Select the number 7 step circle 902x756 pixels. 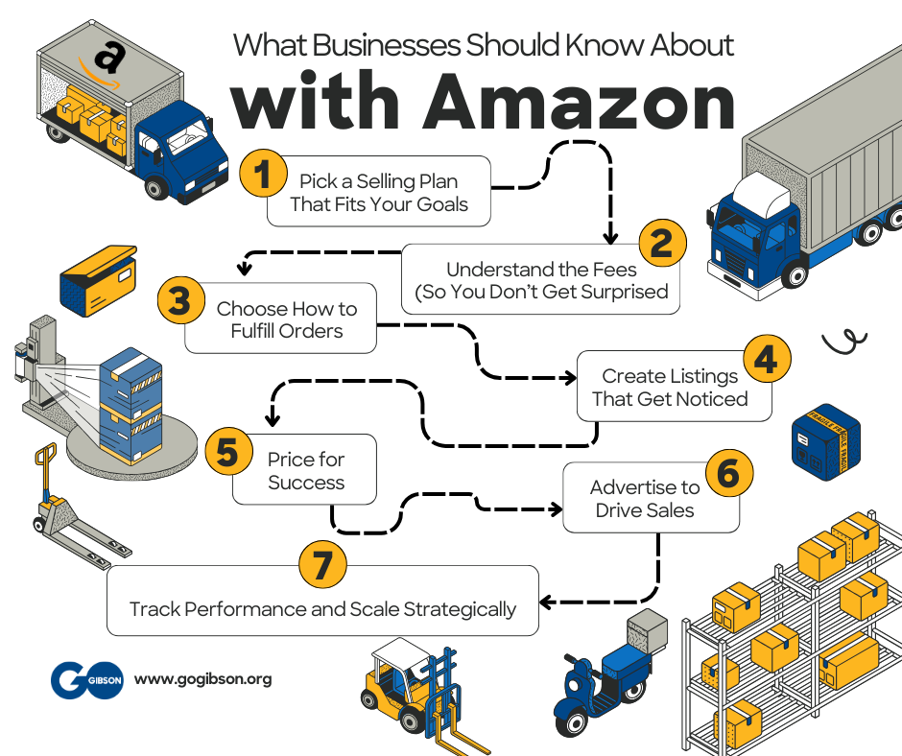click(x=321, y=565)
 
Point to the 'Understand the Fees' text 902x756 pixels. click(x=541, y=270)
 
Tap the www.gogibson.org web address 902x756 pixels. click(x=202, y=679)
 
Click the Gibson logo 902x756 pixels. click(x=86, y=679)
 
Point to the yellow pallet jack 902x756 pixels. click(x=66, y=509)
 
